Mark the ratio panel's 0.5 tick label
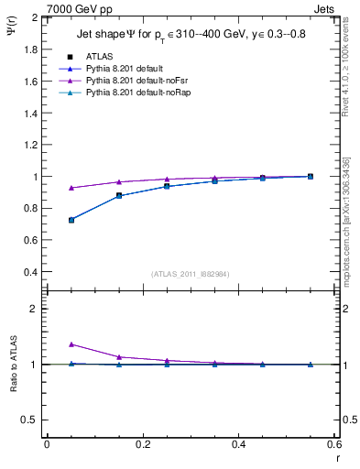(x=31, y=420)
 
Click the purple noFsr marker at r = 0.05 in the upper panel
(x=71, y=188)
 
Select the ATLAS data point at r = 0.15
(x=119, y=195)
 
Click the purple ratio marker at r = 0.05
(x=71, y=344)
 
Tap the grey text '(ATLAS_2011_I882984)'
(x=191, y=274)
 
